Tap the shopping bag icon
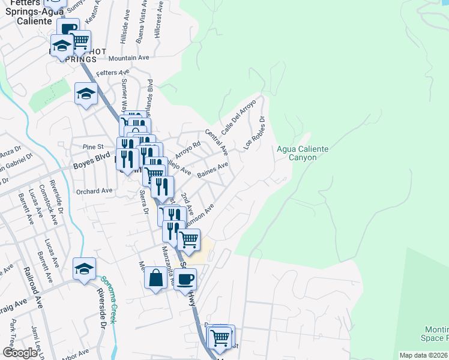155,278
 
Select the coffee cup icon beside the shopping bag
185,279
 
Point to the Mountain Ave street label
128,59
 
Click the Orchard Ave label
95,191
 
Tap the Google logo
20,352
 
